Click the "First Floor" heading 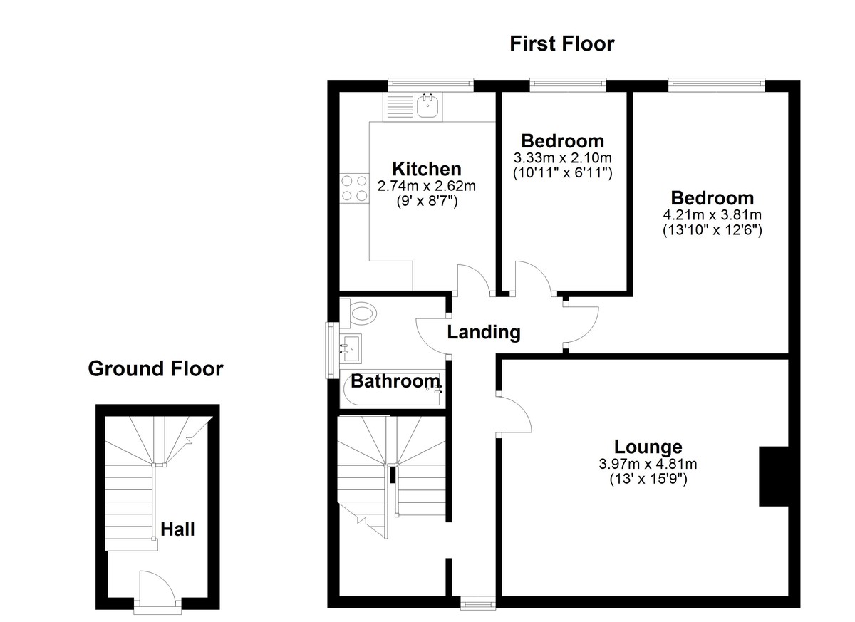point(561,44)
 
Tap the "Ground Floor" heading point(155,368)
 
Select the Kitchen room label point(427,169)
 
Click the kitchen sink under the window point(428,107)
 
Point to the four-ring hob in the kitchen point(354,188)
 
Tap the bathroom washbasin point(351,346)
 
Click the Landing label point(484,332)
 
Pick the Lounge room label point(648,447)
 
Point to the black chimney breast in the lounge point(774,477)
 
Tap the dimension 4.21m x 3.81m point(712,214)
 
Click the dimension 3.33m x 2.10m point(563,157)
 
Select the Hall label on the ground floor point(177,529)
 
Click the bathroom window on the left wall point(331,349)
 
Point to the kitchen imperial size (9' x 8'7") point(427,202)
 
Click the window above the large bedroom point(716,85)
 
